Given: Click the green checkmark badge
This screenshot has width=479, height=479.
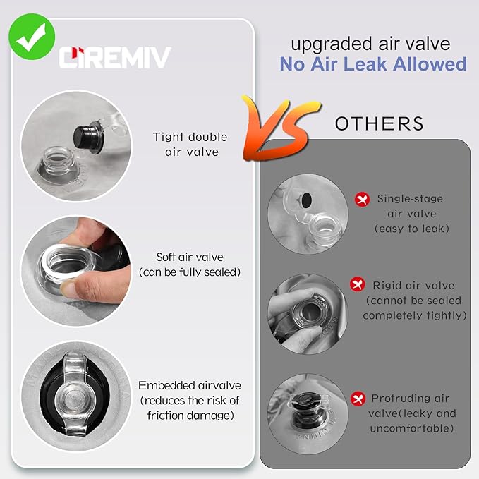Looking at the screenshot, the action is coord(32,37).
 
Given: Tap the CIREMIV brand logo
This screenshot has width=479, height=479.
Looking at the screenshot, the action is coord(115,57).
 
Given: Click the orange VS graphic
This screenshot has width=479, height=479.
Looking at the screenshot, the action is coord(281,128).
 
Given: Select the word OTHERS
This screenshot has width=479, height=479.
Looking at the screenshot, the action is coord(379,123).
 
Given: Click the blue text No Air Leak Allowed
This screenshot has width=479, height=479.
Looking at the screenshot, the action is coord(373,64).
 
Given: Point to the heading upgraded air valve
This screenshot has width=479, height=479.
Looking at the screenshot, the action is coord(370,44).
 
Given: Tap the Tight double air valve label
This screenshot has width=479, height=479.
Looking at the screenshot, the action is coord(190,145).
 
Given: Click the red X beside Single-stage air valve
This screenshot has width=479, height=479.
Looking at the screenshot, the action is coord(362,200).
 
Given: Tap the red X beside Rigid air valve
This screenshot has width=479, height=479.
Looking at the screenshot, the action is coord(358,284).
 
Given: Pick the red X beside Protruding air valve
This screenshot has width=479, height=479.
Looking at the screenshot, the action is coord(358,399).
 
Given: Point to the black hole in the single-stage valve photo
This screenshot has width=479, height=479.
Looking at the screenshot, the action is coord(306,200).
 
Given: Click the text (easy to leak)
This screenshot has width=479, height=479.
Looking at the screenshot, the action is coord(412,229).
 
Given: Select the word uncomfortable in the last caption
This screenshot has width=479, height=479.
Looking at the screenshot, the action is coord(412,428).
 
